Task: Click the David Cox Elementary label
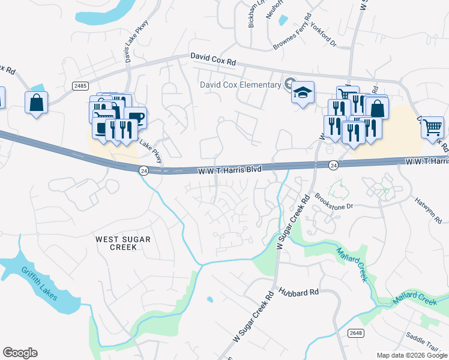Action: (240, 85)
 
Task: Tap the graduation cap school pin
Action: (303, 93)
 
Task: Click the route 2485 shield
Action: (80, 86)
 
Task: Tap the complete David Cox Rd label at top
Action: (213, 59)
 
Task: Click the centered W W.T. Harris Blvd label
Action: (231, 170)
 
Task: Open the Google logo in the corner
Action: (20, 353)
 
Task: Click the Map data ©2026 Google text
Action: (411, 355)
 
